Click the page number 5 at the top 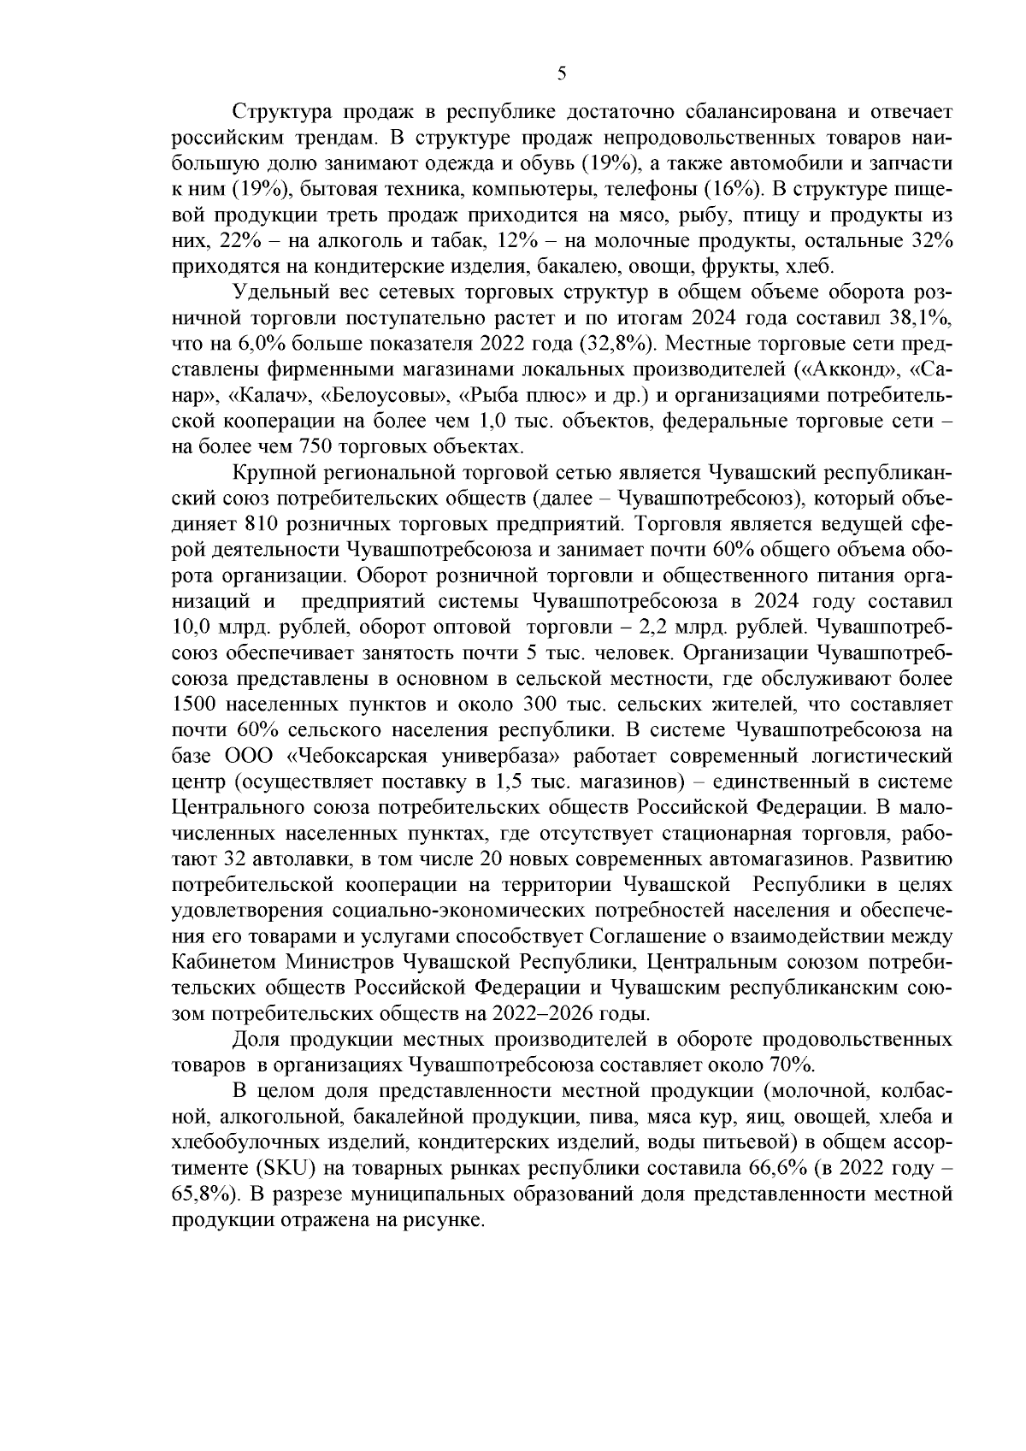[562, 74]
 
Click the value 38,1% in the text [921, 319]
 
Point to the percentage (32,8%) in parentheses [620, 345]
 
